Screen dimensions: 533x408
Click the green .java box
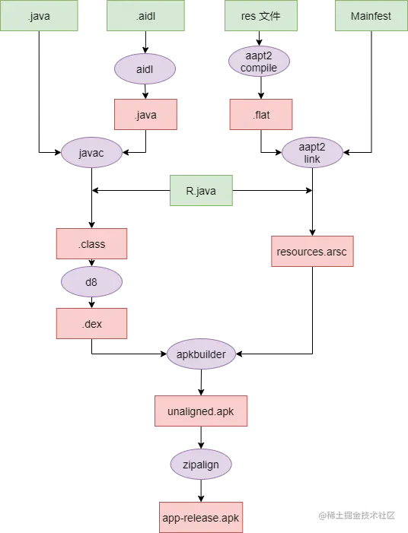click(x=39, y=16)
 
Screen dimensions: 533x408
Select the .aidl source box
click(x=145, y=16)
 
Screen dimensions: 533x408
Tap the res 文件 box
click(x=260, y=16)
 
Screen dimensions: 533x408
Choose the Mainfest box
click(x=371, y=16)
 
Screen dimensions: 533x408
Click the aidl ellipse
click(x=145, y=69)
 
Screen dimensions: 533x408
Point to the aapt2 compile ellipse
click(x=259, y=62)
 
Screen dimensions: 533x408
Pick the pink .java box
click(x=145, y=115)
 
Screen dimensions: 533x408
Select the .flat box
click(x=261, y=115)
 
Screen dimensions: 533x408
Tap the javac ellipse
click(x=91, y=152)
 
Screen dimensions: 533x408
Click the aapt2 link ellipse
click(x=312, y=153)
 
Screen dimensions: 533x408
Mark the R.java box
click(x=201, y=191)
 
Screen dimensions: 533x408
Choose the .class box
click(x=91, y=244)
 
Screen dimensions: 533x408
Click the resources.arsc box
click(x=313, y=251)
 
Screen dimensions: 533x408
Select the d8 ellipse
click(x=91, y=282)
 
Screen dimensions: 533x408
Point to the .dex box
click(x=91, y=323)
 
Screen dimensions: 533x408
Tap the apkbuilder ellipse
click(x=201, y=354)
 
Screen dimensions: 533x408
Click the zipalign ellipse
click(x=201, y=463)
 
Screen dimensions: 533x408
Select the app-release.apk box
click(x=201, y=517)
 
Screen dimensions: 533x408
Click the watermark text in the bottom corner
click(x=357, y=516)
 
